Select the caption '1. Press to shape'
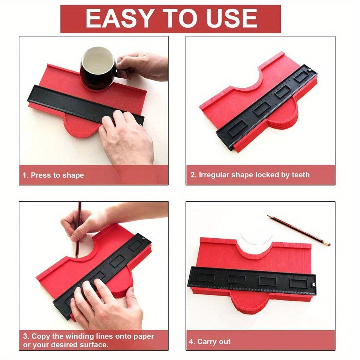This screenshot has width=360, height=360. tap(53, 175)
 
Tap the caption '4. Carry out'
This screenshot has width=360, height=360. tap(210, 341)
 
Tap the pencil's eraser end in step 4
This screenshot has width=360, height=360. tap(327, 244)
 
